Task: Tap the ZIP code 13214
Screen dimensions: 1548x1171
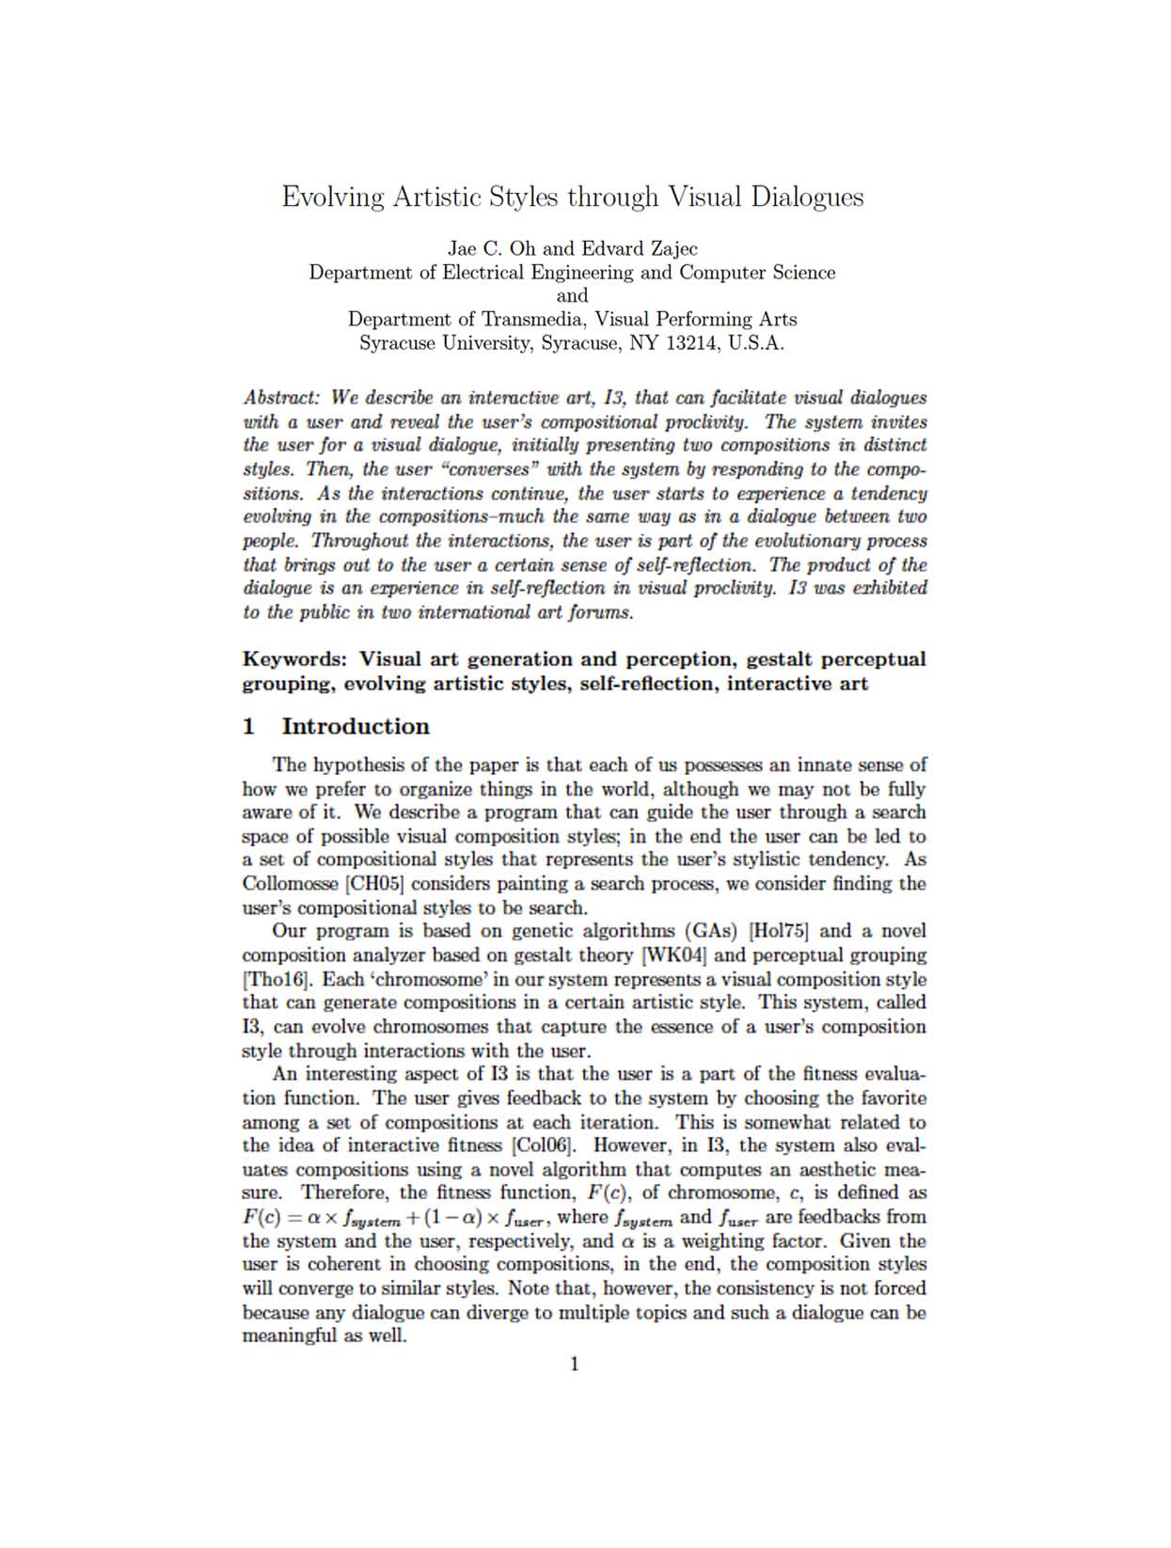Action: coord(693,343)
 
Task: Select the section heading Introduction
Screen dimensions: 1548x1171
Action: coord(356,727)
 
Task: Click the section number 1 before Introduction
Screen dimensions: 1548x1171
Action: coord(249,727)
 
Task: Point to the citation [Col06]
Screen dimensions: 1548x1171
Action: coord(542,1145)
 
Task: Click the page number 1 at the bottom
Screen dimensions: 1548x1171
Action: coord(575,1365)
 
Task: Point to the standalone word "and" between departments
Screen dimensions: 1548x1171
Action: coord(572,296)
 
